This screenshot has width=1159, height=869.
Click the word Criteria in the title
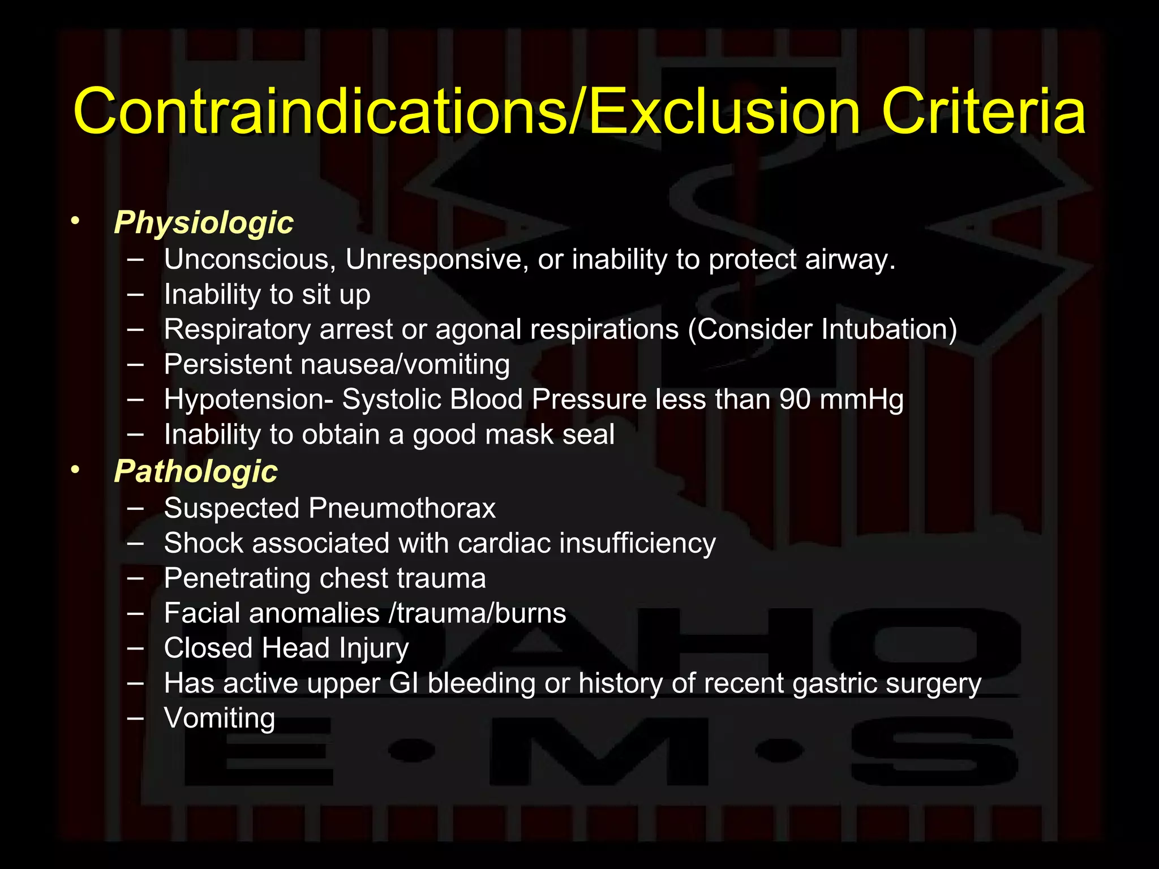click(984, 111)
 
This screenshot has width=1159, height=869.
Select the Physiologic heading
click(204, 222)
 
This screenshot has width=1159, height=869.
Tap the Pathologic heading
click(196, 471)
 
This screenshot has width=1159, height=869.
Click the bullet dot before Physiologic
click(75, 221)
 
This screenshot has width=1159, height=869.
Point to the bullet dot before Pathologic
click(75, 470)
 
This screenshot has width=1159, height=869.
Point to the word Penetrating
click(237, 579)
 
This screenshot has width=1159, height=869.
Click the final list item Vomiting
click(220, 719)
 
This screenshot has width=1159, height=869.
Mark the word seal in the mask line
click(589, 434)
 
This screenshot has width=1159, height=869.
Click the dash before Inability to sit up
click(135, 294)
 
